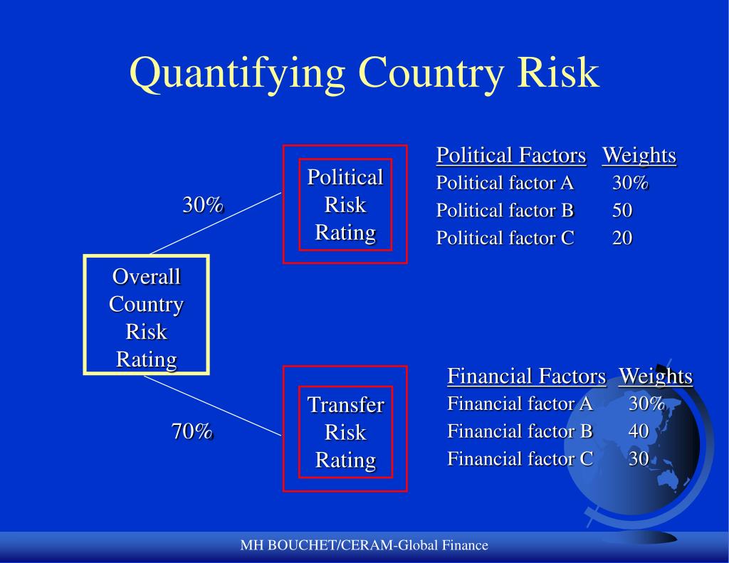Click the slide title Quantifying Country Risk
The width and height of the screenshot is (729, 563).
364,73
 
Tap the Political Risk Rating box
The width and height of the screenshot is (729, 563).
345,204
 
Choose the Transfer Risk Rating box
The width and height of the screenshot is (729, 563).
345,432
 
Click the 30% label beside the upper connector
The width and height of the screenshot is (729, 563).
203,205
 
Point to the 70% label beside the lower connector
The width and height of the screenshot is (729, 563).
192,431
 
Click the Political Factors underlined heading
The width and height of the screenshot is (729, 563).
510,155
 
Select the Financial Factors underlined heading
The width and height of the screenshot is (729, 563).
526,376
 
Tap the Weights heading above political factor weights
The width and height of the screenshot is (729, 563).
639,155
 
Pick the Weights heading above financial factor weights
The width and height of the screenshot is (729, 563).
655,376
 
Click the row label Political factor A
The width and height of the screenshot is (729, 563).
505,183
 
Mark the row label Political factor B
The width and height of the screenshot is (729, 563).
505,211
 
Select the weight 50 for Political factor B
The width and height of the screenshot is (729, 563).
622,211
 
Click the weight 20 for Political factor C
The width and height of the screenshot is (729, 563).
622,238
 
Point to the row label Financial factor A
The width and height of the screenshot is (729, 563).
520,404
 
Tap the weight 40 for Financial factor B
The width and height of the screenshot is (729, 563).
639,431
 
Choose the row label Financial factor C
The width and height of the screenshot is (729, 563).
520,458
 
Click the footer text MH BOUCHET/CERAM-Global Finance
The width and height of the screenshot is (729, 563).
364,545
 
